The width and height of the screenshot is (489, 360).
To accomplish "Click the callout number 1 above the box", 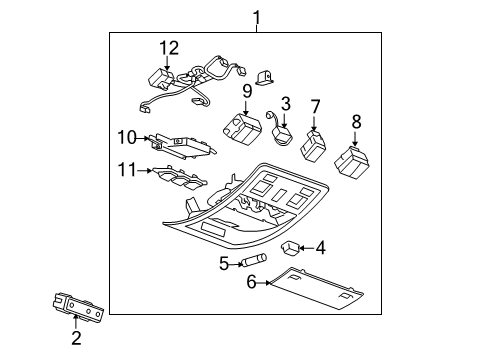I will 256,16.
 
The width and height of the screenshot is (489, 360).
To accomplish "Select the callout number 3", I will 285,102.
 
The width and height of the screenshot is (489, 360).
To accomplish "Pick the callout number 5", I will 225,263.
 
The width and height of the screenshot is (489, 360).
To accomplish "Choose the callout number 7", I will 315,106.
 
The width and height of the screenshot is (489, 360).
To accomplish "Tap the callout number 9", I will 246,92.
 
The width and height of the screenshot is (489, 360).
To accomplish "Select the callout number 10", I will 126,136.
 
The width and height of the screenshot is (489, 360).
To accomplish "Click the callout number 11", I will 126,170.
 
